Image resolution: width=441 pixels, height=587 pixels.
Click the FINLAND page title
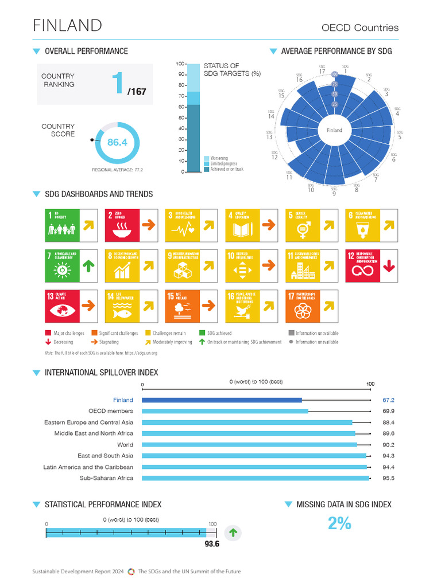click(x=68, y=26)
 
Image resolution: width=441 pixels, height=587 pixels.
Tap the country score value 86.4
click(x=117, y=142)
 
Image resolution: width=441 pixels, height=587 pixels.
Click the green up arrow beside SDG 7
click(x=88, y=267)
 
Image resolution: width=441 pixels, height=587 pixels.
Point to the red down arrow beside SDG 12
click(x=389, y=267)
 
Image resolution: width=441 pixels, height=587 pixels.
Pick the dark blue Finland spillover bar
click(x=222, y=400)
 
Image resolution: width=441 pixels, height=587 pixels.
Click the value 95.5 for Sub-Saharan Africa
click(x=388, y=478)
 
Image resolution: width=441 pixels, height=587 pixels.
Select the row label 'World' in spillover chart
click(x=125, y=445)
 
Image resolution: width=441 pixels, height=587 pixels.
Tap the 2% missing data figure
click(x=339, y=523)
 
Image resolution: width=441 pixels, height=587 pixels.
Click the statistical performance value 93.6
click(x=212, y=544)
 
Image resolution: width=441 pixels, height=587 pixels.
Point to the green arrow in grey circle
click(x=233, y=533)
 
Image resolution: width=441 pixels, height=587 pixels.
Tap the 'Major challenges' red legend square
click(x=48, y=333)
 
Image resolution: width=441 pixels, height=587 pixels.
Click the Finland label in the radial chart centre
click(x=334, y=130)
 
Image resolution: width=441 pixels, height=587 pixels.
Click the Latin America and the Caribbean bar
click(x=254, y=467)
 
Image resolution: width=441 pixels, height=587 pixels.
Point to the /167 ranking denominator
click(x=136, y=91)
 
